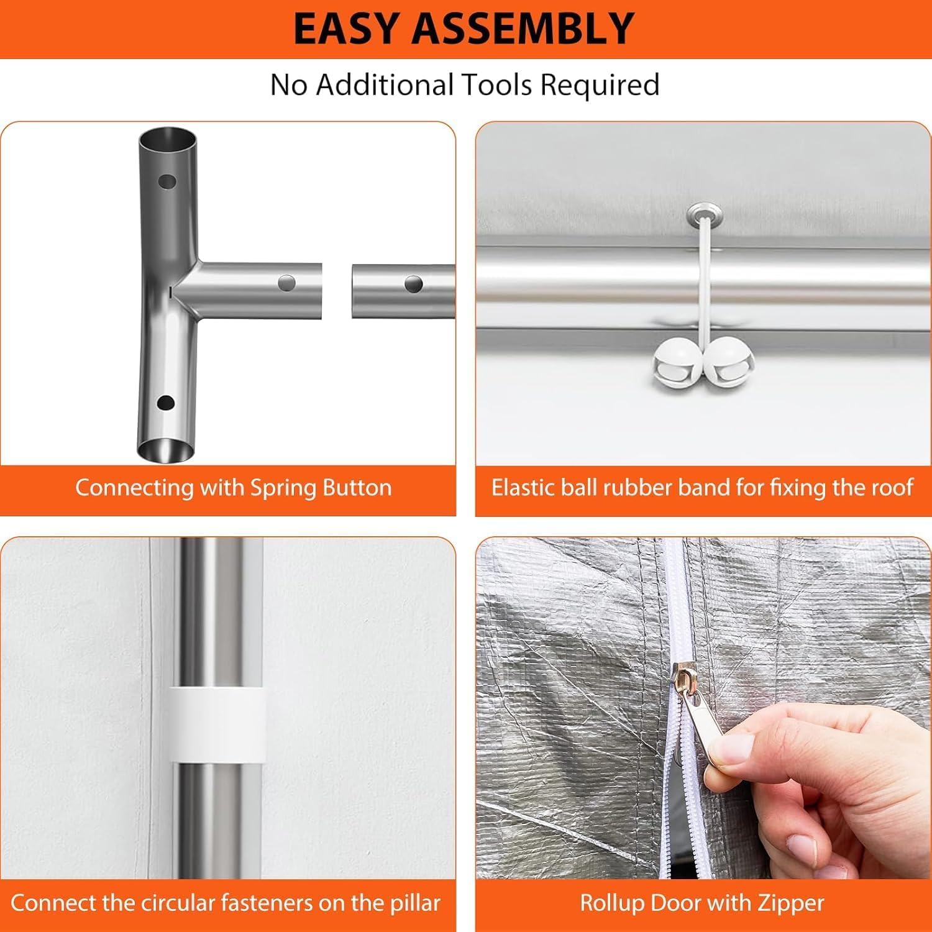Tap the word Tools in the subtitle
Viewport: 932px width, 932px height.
496,85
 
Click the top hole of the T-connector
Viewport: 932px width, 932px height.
167,182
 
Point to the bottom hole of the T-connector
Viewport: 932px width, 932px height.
166,403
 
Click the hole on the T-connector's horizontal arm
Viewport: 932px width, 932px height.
286,283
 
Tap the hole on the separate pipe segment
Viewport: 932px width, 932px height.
414,285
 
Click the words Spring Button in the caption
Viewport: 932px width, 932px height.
321,488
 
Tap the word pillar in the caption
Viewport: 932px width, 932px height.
416,903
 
